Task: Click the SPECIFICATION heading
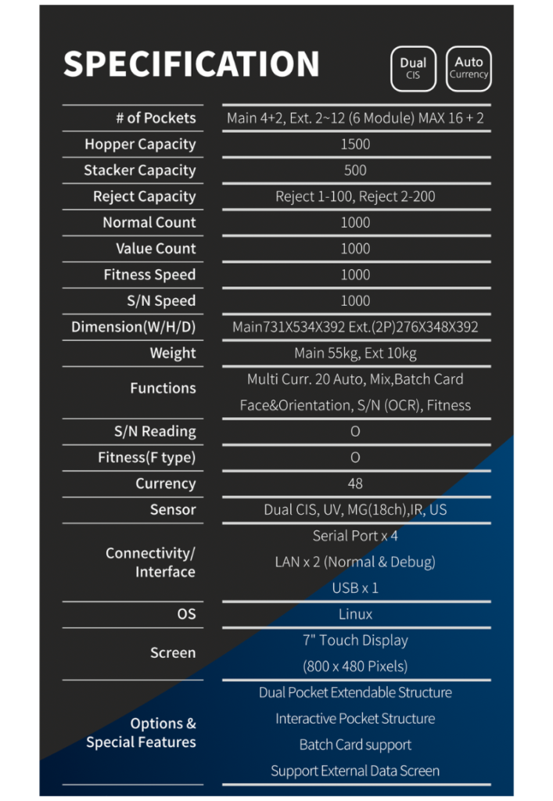pyautogui.click(x=191, y=64)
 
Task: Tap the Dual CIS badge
pyautogui.click(x=413, y=68)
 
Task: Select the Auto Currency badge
pyautogui.click(x=469, y=67)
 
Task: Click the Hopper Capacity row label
pyautogui.click(x=140, y=144)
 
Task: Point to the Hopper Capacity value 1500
pyautogui.click(x=355, y=144)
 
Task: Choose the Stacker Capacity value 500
pyautogui.click(x=355, y=170)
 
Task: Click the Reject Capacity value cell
pyautogui.click(x=355, y=196)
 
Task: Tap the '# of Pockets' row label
pyautogui.click(x=156, y=118)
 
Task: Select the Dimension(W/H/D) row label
pyautogui.click(x=133, y=327)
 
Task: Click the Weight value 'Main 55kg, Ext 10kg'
pyautogui.click(x=355, y=353)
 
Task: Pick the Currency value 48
pyautogui.click(x=355, y=483)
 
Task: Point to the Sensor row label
pyautogui.click(x=173, y=509)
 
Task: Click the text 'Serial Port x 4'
pyautogui.click(x=355, y=536)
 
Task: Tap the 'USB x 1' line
pyautogui.click(x=355, y=587)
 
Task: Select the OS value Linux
pyautogui.click(x=355, y=614)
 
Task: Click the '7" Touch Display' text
pyautogui.click(x=355, y=640)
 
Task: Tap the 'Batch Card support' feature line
pyautogui.click(x=355, y=745)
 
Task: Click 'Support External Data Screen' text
pyautogui.click(x=355, y=770)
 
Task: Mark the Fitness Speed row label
pyautogui.click(x=149, y=275)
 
